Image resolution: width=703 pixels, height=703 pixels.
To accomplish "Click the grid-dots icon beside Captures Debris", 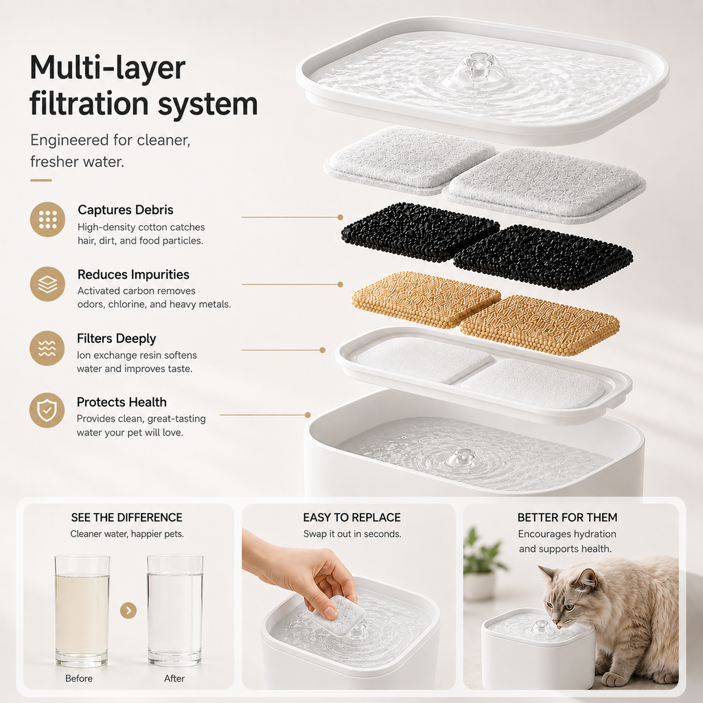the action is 47,219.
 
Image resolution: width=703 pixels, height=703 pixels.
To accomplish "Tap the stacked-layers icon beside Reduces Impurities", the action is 47,284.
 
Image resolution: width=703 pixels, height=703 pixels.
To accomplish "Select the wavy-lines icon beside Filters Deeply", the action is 47,348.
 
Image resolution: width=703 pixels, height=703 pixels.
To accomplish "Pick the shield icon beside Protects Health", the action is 47,411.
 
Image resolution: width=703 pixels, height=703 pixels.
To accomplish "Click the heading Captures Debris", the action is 126,210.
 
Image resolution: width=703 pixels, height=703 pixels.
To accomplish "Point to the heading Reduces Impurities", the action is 133,275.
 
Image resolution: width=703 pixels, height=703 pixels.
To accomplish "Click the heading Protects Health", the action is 122,402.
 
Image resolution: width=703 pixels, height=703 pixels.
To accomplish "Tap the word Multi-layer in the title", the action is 108,68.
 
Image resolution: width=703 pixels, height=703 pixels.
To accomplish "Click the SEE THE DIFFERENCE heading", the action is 127,518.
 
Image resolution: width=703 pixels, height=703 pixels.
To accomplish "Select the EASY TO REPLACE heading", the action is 352,518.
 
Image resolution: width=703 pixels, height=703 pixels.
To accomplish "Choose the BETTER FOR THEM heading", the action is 567,518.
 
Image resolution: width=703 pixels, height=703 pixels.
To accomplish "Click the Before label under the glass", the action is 79,678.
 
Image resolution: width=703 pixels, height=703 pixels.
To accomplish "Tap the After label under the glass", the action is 174,678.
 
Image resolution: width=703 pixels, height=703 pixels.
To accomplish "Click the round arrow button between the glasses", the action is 128,610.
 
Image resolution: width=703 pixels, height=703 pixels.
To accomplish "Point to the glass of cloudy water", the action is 82,610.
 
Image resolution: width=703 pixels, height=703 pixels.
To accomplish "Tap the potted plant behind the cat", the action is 481,564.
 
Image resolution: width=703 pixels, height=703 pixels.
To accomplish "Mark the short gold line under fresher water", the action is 41,181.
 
